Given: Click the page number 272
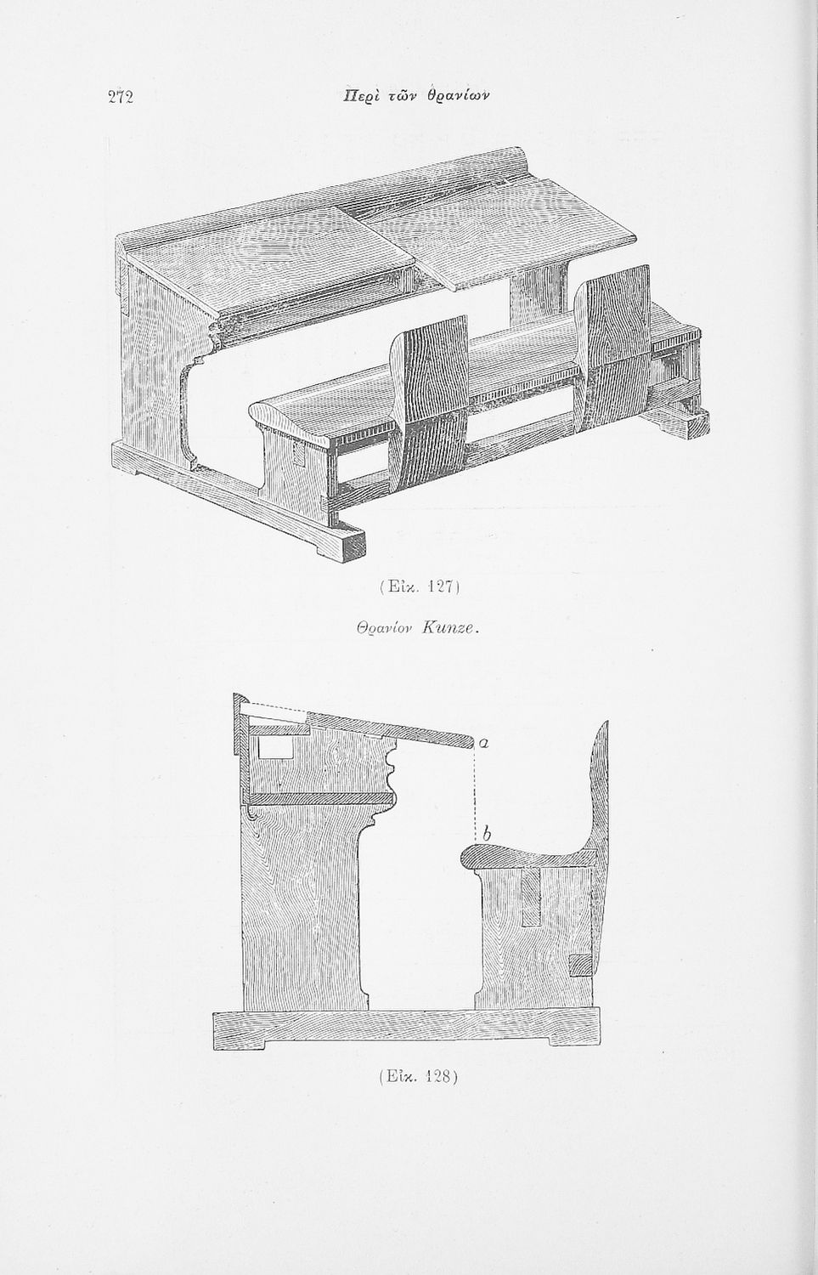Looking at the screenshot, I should tap(121, 97).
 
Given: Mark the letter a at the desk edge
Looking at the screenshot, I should tap(483, 742).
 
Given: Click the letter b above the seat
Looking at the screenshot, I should tap(486, 836).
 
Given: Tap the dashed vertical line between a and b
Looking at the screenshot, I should tap(474, 790).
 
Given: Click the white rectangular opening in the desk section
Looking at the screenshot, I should tap(274, 748).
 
